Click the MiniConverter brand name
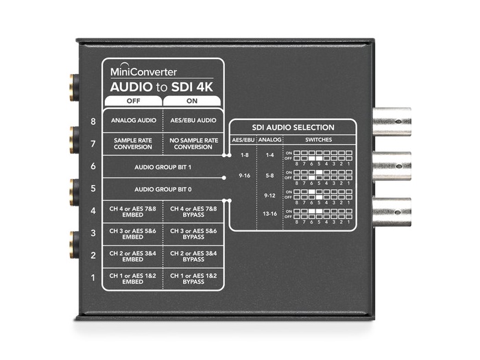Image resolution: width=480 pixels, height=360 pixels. point(143,71)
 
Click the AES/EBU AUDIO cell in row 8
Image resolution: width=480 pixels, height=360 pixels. point(192,121)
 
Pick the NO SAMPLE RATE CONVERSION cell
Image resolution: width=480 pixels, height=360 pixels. point(192,143)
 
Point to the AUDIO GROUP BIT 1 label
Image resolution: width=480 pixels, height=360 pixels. point(162,166)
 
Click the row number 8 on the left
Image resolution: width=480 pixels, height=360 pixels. point(92,121)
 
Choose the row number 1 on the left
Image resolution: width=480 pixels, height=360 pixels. point(92,278)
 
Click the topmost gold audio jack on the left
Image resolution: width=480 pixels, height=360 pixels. point(71,88)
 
